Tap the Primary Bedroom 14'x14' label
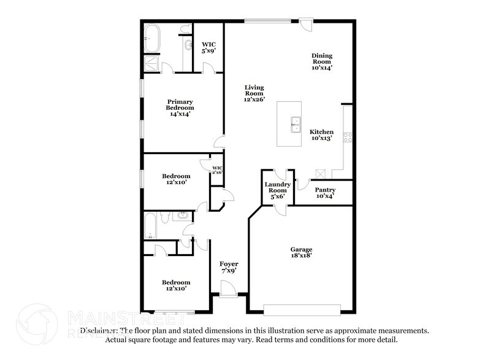coord(180,107)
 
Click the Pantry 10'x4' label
coord(324,193)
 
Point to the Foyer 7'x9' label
coord(229,268)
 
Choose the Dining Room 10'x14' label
coord(321,61)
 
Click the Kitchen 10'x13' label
coord(321,135)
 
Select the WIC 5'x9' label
coord(208,47)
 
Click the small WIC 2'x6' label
coord(216,170)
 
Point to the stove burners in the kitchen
coord(348,137)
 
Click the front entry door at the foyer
coord(227,288)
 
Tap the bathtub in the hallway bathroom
coord(150,226)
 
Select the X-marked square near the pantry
coord(319,174)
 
